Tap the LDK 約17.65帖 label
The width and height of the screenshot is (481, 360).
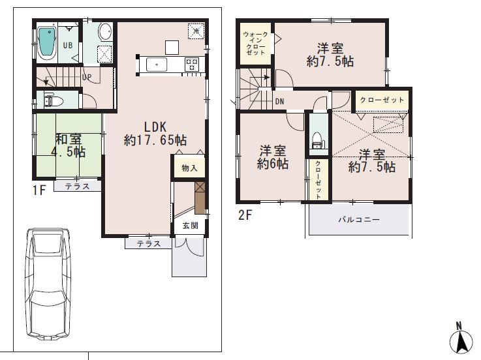156,132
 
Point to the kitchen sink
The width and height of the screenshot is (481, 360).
157,64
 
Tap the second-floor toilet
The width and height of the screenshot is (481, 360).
317,139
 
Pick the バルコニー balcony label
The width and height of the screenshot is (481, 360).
358,220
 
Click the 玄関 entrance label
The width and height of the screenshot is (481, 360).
189,226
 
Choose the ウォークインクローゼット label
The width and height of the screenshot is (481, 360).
255,43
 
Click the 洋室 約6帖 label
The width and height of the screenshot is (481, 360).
272,157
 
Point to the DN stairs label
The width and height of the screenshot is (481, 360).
279,101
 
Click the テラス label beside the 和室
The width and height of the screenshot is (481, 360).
77,186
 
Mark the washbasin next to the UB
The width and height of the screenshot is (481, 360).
104,31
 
